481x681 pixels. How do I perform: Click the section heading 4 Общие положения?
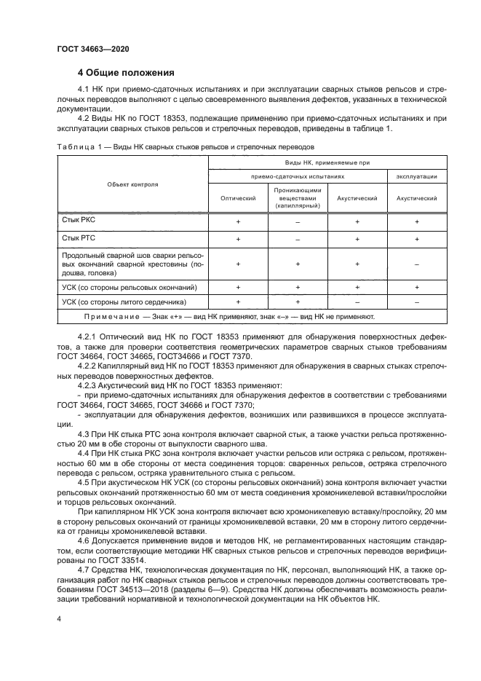126,73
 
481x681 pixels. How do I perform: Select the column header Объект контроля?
132,184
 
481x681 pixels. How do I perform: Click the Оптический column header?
238,197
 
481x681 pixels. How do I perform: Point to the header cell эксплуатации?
416,176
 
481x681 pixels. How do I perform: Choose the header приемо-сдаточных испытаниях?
298,176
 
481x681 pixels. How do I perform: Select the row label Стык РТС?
78,238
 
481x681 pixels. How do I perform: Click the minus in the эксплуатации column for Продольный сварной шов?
416,265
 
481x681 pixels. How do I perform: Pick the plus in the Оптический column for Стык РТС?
238,239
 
